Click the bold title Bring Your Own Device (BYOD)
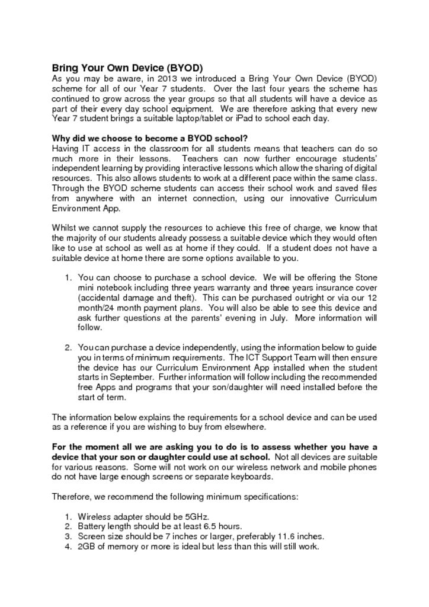tap(127, 68)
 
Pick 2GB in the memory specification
tap(88, 547)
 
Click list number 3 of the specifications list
tap(68, 536)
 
